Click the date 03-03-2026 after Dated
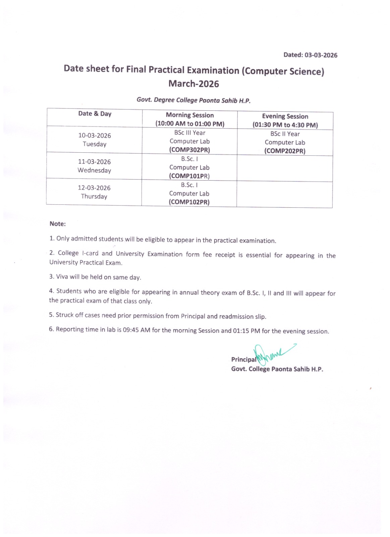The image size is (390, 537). (321, 55)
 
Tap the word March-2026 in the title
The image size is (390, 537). (193, 84)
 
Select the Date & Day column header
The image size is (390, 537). (95, 114)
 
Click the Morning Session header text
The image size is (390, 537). (190, 115)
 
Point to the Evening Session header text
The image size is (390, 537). (285, 116)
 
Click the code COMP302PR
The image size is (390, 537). (189, 150)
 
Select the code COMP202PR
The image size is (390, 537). (285, 151)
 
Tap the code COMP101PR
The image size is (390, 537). (189, 176)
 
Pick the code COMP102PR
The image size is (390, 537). (189, 202)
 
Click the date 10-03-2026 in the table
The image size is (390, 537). (95, 136)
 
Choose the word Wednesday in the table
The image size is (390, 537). (94, 170)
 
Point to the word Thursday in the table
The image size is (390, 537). (94, 197)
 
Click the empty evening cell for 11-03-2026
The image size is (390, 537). (285, 168)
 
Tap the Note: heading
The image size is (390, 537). (58, 224)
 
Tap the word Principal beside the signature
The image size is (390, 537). (243, 359)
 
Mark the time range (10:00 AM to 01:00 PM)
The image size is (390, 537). (190, 124)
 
